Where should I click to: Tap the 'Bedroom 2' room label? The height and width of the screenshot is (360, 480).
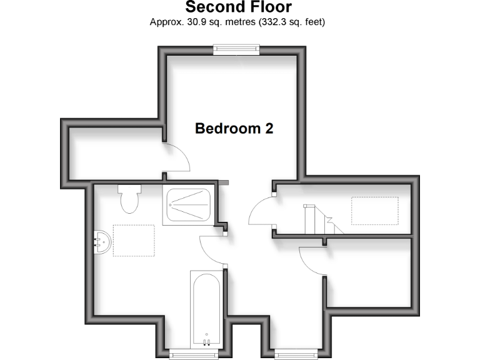(234, 129)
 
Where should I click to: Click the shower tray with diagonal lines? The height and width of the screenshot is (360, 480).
(188, 205)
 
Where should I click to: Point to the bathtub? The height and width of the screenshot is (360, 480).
(206, 306)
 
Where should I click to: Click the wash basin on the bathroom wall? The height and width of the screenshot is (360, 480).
(101, 241)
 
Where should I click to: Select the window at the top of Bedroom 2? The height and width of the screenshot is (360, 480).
(236, 49)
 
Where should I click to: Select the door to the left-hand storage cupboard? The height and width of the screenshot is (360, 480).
(177, 159)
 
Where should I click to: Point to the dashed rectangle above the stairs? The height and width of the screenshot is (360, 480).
(375, 211)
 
